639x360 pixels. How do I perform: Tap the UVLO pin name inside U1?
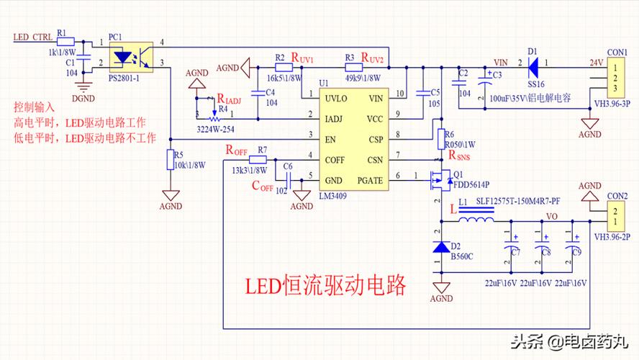pos(337,98)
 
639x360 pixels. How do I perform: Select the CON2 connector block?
pos(617,215)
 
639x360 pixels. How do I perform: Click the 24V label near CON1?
pos(596,62)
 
